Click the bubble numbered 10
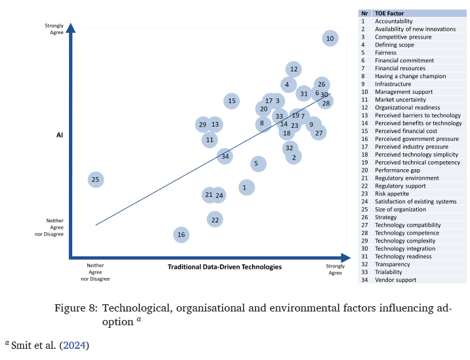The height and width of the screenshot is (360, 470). click(330, 39)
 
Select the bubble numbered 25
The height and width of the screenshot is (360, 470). click(95, 179)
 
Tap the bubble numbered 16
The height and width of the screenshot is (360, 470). click(182, 235)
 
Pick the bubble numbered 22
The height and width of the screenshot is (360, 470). click(215, 220)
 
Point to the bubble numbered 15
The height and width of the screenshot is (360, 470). click(231, 101)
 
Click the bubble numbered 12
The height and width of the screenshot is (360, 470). click(293, 69)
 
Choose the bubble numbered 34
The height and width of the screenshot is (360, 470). click(225, 156)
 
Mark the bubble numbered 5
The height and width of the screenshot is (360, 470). click(259, 164)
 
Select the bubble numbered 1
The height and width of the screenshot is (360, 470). click(246, 188)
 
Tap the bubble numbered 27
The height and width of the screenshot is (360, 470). click(319, 133)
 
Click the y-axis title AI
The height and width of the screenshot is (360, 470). click(58, 135)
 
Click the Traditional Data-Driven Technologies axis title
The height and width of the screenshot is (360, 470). click(224, 267)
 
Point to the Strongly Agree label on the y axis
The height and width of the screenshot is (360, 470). click(54, 28)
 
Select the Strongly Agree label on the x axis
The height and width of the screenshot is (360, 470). click(335, 269)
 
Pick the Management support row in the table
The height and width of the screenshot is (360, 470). click(403, 92)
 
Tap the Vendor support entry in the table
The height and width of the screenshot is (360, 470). click(396, 280)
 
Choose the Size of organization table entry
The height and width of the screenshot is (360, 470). click(400, 209)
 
